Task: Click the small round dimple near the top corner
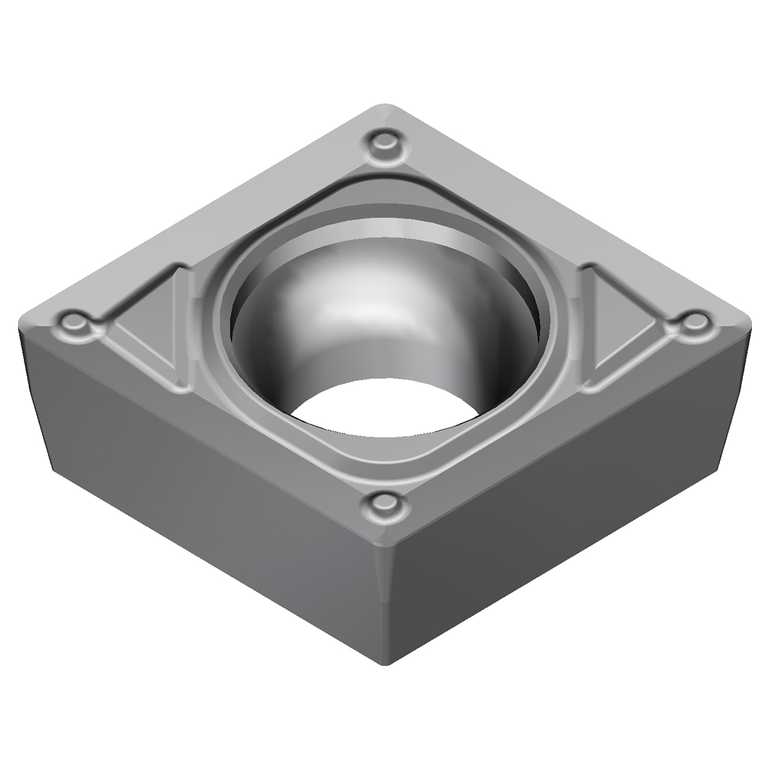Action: click(384, 144)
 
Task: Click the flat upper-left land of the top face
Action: click(229, 205)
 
